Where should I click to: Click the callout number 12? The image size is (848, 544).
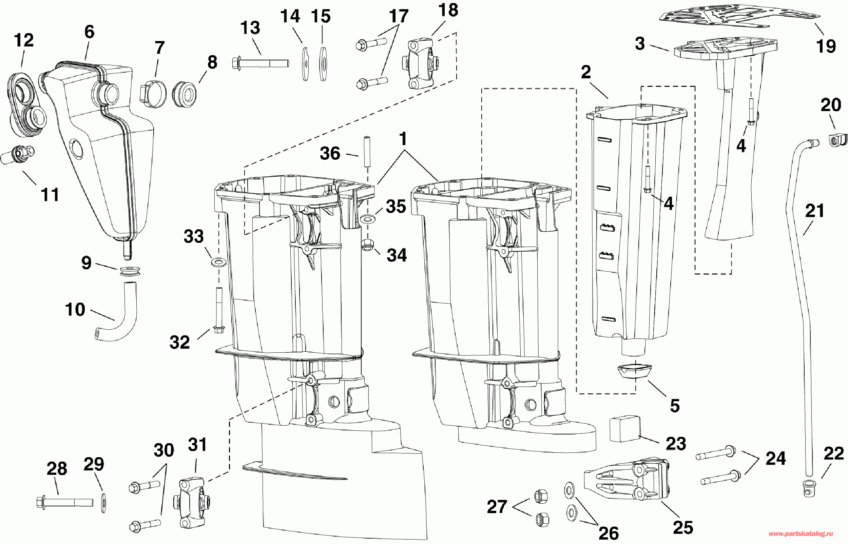24,40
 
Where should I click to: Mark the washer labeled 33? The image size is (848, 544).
219,262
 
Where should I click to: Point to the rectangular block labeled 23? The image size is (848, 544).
625,428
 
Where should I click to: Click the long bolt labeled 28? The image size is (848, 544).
65,502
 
